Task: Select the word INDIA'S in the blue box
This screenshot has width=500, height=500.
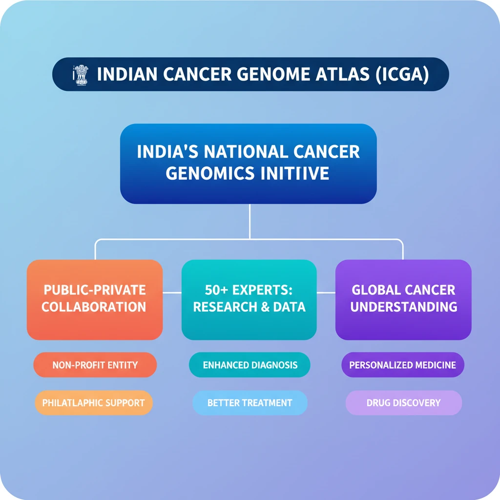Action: (167, 151)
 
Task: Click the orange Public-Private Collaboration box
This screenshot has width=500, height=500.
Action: (94, 299)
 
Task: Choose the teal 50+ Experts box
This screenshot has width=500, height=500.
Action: (249, 299)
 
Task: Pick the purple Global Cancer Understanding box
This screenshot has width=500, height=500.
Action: (403, 299)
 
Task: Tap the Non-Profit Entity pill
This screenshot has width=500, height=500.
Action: (95, 365)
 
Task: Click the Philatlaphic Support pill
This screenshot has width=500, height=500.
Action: (93, 403)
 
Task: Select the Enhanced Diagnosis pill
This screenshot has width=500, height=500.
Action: (250, 365)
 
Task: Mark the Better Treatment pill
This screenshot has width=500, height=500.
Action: (250, 403)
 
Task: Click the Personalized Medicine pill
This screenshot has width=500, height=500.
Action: (403, 365)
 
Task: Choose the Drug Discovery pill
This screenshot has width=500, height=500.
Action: (403, 403)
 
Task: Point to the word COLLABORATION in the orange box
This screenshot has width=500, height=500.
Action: (94, 307)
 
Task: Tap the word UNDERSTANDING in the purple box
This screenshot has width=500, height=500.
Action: (404, 307)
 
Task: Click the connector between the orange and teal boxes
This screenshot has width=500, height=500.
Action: (172, 293)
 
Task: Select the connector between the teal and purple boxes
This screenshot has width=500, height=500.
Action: (326, 293)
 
